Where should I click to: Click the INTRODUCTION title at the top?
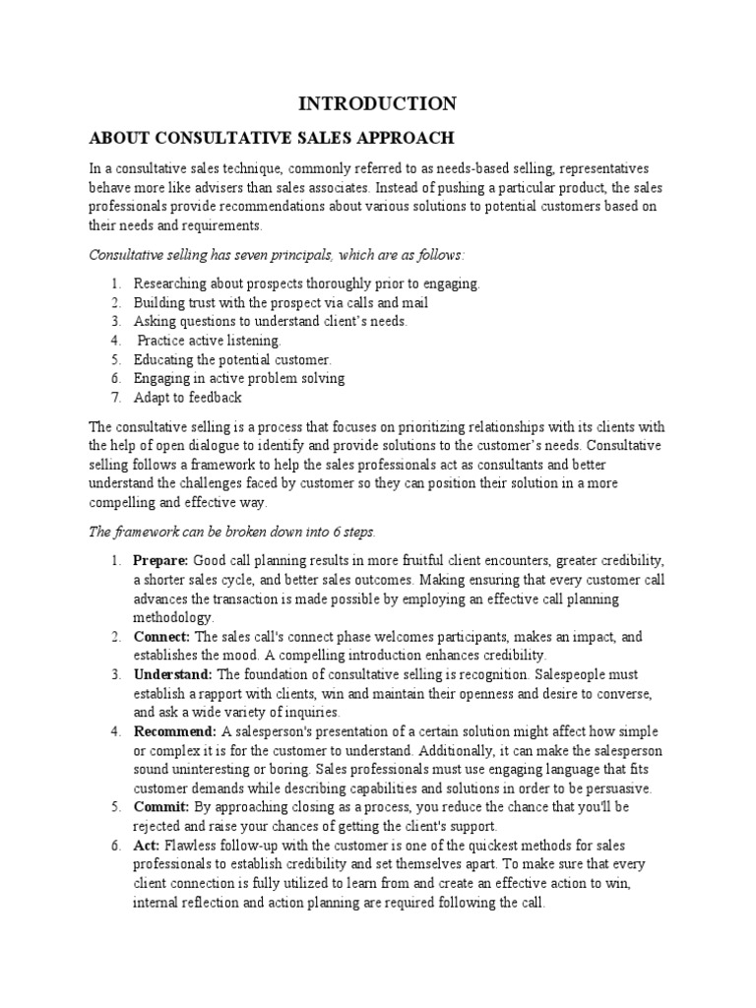pos(378,104)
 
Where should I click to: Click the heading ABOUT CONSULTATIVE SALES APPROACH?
pos(273,137)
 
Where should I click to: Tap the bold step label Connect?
pos(161,636)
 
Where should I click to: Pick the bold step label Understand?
pos(172,674)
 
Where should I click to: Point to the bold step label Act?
pos(148,845)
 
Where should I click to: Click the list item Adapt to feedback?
pos(188,398)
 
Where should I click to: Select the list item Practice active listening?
pos(209,341)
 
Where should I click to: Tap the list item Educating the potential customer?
pos(233,360)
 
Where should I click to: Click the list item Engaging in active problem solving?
pos(239,379)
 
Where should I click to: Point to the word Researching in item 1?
pos(169,283)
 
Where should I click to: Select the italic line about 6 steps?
pos(232,532)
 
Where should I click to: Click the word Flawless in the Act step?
pos(192,845)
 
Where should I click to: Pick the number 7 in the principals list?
pos(115,398)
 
